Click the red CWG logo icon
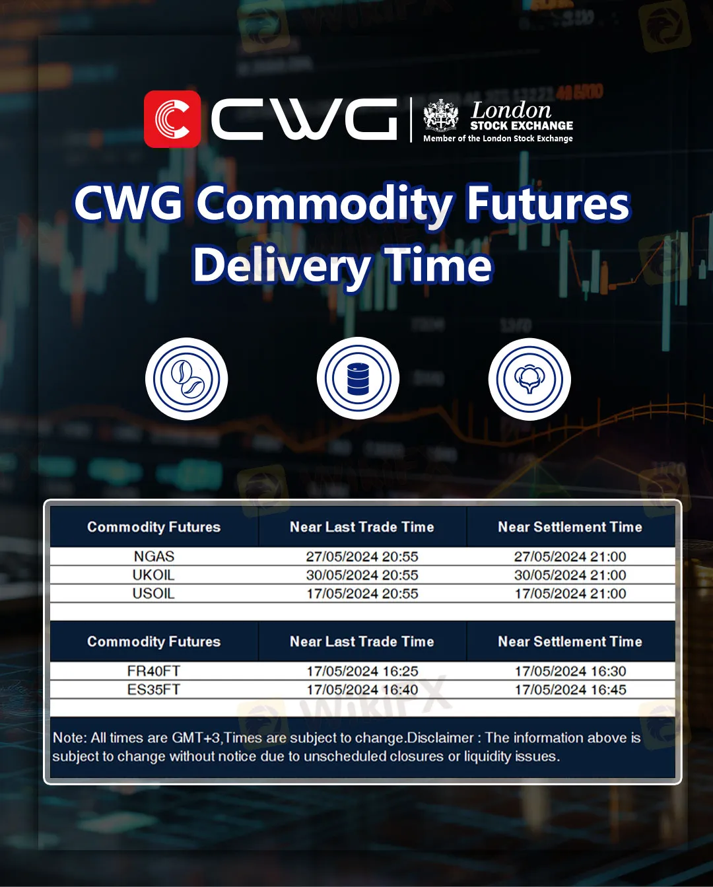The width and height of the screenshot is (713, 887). point(172,119)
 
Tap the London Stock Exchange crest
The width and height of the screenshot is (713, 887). point(441,116)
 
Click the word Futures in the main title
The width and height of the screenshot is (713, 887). point(547,204)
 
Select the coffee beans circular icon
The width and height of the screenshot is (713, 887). point(186,379)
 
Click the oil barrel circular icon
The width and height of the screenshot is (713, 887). point(358,379)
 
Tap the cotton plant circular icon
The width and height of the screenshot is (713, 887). point(529,379)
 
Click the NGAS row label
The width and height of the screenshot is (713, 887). point(154,557)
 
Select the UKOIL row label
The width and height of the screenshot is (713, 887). point(154,575)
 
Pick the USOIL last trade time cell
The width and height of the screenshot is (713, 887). point(362,594)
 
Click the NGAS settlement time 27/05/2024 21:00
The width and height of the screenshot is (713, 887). point(570,557)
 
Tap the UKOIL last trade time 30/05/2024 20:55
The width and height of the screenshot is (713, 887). point(362,575)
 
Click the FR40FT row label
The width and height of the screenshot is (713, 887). point(154,671)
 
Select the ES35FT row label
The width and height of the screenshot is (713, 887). point(154,690)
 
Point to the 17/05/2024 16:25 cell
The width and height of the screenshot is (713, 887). point(362,671)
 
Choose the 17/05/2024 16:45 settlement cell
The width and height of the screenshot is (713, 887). point(570,690)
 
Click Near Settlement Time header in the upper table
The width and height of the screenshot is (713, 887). point(570,527)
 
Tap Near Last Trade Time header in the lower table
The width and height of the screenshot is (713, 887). point(362,641)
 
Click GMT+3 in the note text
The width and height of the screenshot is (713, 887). point(196,738)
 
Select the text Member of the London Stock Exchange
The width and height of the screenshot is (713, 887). point(498,139)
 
